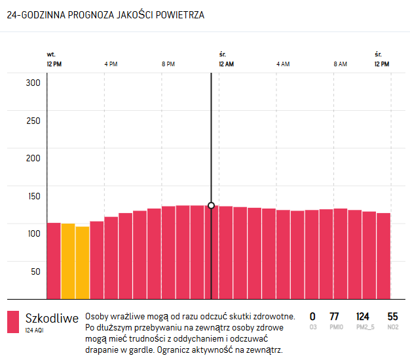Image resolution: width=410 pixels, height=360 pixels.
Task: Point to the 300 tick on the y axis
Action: tap(33, 83)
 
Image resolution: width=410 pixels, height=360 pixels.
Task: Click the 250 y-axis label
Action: tap(33, 121)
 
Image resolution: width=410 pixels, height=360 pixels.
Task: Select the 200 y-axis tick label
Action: tap(33, 158)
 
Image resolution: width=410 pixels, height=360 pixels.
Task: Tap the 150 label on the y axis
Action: tap(33, 196)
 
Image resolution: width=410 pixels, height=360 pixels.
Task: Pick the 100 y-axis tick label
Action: tap(33, 233)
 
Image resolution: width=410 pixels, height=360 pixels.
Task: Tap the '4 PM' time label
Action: tap(111, 64)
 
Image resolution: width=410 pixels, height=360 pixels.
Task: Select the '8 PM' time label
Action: tap(168, 64)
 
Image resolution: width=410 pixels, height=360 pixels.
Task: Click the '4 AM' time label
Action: tap(283, 64)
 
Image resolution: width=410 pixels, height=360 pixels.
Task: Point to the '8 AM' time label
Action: tap(340, 64)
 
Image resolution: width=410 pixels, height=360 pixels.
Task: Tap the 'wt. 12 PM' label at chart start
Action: tap(54, 60)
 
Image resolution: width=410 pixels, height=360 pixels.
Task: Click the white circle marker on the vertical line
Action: tap(211, 205)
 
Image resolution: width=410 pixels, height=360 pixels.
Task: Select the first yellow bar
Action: tap(67, 261)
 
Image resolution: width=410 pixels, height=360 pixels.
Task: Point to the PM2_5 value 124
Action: tap(362, 317)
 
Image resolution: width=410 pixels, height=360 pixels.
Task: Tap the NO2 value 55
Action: tap(392, 317)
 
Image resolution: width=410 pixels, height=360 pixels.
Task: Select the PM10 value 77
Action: tap(334, 317)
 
